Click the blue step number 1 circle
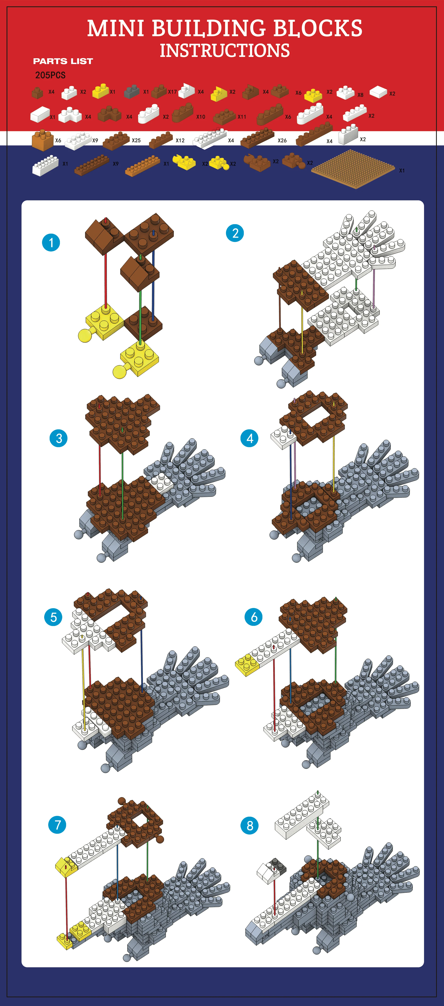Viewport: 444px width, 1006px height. point(51,243)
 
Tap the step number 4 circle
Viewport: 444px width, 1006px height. point(249,438)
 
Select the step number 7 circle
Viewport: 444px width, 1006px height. point(57,825)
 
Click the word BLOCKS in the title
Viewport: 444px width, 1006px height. point(318,28)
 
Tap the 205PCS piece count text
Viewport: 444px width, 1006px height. point(50,75)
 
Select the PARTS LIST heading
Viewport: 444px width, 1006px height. point(63,61)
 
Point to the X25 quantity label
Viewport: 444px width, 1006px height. point(136,140)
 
